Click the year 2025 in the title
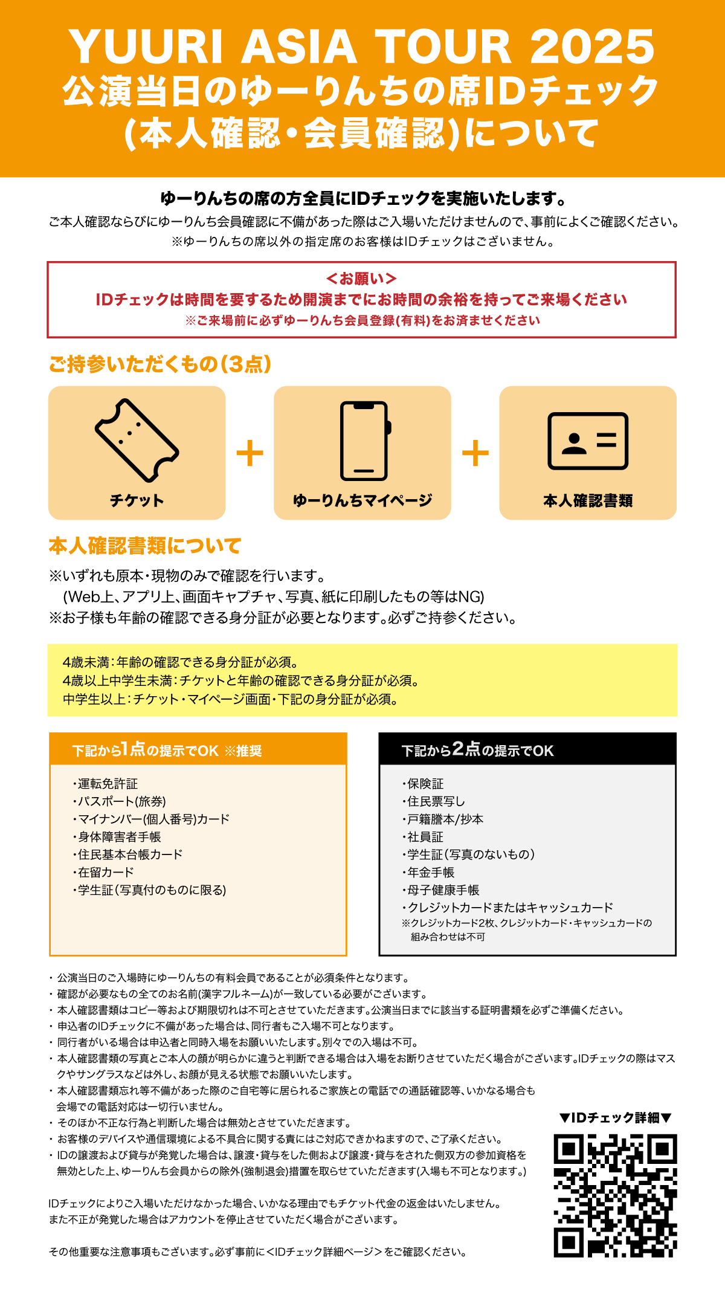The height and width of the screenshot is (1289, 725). coord(592,47)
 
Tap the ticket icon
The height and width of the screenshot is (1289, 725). coord(137,439)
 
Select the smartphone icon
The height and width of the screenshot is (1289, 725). coord(364,441)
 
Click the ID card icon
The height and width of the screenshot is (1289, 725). coord(588,441)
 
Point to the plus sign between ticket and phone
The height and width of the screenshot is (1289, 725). coord(250,453)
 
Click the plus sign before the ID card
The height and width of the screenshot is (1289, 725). coord(475,453)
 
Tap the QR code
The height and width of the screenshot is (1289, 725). coord(615,1195)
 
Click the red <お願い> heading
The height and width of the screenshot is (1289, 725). coord(361,279)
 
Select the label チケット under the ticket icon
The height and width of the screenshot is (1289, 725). coord(137,500)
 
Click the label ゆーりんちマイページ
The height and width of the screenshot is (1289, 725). coord(362,500)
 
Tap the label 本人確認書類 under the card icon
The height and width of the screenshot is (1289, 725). coord(588,500)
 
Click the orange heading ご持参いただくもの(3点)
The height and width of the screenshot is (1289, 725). coord(160,364)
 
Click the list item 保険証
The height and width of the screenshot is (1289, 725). coord(425,784)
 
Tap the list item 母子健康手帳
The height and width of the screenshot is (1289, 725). coord(443,890)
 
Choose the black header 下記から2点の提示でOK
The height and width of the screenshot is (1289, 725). coord(477,750)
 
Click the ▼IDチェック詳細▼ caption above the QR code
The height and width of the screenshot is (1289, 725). coord(615,1118)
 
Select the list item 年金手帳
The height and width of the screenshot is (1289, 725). coord(431,872)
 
